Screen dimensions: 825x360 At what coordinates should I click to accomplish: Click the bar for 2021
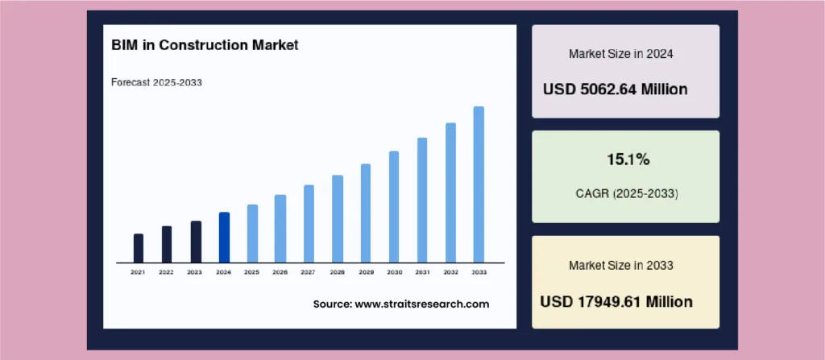[139, 248]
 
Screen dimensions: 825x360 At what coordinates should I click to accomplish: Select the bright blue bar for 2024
[224, 238]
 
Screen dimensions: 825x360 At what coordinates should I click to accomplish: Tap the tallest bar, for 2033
[479, 184]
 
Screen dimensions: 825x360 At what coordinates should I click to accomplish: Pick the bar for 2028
[338, 219]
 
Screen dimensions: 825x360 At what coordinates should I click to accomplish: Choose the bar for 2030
[394, 207]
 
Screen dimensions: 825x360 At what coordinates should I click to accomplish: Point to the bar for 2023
[196, 242]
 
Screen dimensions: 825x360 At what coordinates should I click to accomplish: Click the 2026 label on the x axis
[280, 273]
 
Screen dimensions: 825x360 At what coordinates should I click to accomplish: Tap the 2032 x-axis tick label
[451, 273]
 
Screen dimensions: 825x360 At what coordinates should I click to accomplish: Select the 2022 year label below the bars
[166, 273]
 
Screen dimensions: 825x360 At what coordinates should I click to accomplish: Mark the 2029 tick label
[367, 273]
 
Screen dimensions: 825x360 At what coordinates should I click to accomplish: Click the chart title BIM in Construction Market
[205, 45]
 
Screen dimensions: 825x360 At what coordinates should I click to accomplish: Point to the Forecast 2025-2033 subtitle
[157, 83]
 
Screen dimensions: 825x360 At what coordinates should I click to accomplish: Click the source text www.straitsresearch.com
[422, 304]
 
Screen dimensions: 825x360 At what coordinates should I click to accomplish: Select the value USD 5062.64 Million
[615, 89]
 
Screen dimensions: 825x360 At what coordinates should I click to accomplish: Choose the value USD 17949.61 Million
[616, 302]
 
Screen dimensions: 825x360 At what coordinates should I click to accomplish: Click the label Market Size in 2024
[621, 54]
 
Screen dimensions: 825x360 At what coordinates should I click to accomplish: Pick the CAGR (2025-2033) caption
[627, 193]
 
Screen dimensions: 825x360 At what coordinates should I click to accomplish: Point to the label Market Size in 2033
[621, 265]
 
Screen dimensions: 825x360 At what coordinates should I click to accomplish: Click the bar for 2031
[422, 200]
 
